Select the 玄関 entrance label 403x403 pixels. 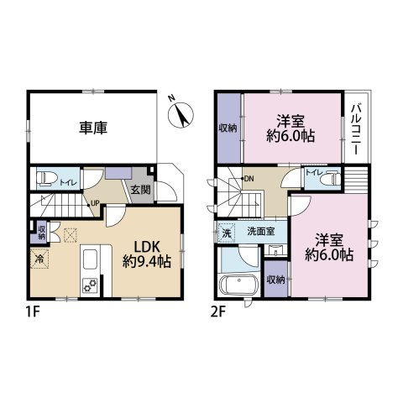tap(140, 190)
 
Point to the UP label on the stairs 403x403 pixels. tap(96, 202)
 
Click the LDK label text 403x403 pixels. tap(146, 245)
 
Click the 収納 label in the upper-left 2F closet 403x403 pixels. tap(228, 128)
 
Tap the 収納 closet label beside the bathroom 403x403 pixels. tap(275, 280)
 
